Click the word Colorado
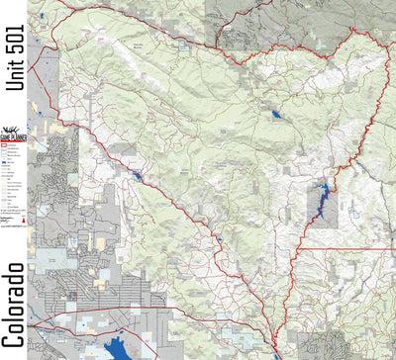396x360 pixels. (x=13, y=296)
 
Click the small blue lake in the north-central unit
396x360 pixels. (x=273, y=115)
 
